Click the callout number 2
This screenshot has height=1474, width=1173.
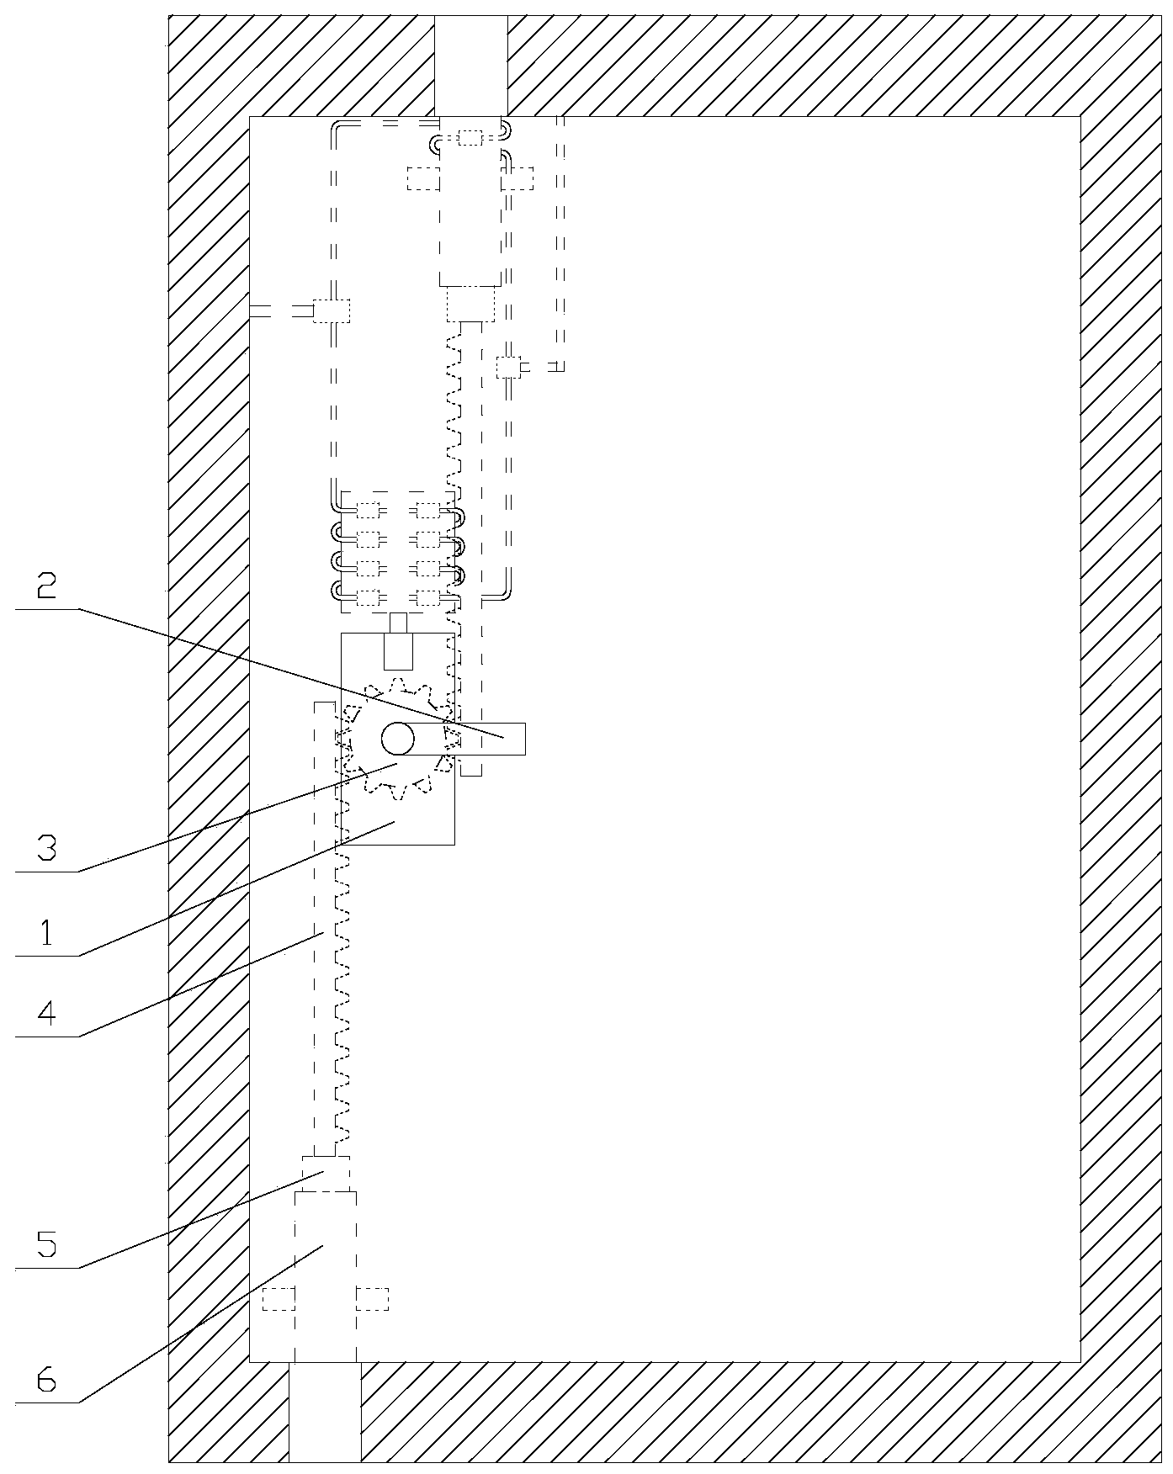(47, 586)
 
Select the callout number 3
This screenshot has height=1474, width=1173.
(47, 847)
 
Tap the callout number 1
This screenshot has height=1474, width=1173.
(47, 932)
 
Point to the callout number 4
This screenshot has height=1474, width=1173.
(47, 1013)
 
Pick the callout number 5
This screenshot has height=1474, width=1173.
(47, 1243)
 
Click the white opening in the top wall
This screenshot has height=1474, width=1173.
(470, 64)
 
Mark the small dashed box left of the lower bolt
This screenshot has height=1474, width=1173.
(279, 1299)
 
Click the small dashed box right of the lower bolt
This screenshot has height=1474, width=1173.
(373, 1299)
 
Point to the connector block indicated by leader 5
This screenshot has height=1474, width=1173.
(326, 1173)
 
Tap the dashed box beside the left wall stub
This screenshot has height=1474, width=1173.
(332, 310)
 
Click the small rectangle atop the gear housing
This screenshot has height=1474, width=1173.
(399, 651)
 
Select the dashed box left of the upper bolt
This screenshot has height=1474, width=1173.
(423, 178)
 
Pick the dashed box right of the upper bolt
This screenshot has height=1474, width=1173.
(517, 178)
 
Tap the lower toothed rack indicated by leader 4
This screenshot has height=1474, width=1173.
(328, 968)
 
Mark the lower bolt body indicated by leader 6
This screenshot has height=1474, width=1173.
(326, 1262)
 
